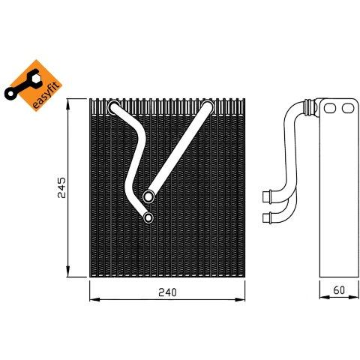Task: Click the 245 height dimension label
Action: pos(61,187)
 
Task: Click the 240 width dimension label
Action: pos(167,292)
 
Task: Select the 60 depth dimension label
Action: pos(339,290)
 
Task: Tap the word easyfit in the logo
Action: pos(47,95)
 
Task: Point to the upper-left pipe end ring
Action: pos(114,107)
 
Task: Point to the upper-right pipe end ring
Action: pos(208,106)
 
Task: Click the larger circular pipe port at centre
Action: pos(148,196)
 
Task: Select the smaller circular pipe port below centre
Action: pos(148,217)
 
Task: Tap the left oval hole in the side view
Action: pos(330,108)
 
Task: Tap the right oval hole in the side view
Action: pos(348,108)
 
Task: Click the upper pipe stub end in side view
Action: pos(267,196)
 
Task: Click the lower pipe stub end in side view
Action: pos(267,217)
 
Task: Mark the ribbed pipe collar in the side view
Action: pos(308,107)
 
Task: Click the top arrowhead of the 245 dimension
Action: pos(68,103)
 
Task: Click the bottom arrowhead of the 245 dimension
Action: pos(68,271)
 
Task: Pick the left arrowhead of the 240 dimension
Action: pos(94,299)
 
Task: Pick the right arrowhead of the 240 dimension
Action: pos(240,299)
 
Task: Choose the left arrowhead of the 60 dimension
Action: pos(325,297)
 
